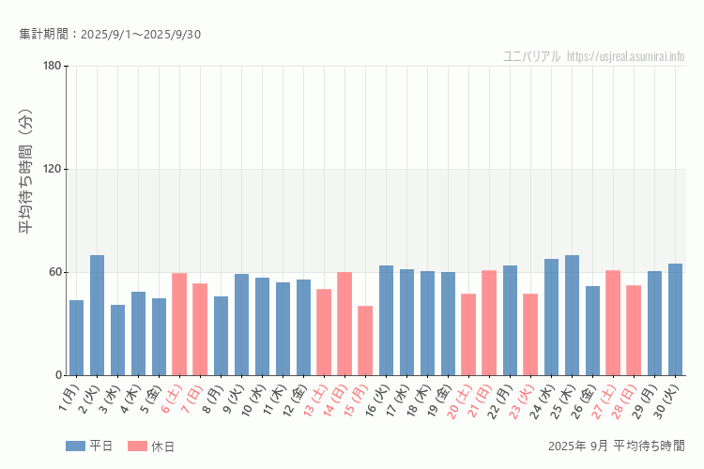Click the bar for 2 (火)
coord(97,315)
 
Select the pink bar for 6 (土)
coord(179,324)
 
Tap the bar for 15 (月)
coord(365,340)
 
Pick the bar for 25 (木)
coord(572,315)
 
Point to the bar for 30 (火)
coord(675,319)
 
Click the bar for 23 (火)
coord(530,334)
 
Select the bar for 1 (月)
coord(76,338)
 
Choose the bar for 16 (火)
coord(386,320)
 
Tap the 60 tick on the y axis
coord(54,272)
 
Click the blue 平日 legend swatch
coord(76,446)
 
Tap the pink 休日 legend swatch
coord(137,446)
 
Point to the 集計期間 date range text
coord(110,35)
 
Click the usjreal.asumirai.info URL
coord(626,56)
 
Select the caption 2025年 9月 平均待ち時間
coord(616,446)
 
